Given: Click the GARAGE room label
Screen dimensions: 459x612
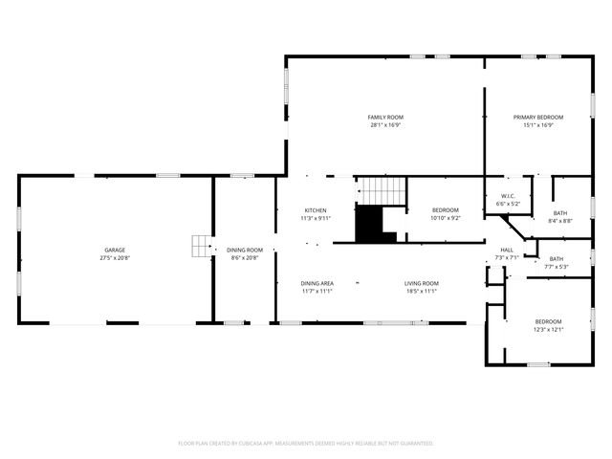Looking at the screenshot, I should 115,250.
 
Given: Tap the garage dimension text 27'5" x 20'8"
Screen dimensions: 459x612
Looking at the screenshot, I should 115,257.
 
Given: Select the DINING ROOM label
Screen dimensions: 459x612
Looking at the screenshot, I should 245,250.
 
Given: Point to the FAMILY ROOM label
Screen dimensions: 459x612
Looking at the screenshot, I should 384,117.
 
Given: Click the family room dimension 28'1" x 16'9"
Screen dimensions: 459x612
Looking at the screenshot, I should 384,124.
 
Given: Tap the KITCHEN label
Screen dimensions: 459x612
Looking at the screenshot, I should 316,210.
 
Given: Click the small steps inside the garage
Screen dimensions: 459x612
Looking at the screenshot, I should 201,247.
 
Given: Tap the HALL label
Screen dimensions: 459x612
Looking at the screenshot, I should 507,250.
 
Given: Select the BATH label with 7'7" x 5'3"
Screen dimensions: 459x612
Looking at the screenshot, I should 556,258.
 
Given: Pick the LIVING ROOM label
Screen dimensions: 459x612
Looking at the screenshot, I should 421,283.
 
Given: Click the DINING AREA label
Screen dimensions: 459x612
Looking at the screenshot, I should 317,283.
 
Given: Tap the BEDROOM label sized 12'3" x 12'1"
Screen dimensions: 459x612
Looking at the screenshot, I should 548,321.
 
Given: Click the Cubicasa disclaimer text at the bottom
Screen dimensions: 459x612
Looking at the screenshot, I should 306,443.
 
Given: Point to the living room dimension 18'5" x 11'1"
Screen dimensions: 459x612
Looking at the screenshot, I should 421,291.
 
